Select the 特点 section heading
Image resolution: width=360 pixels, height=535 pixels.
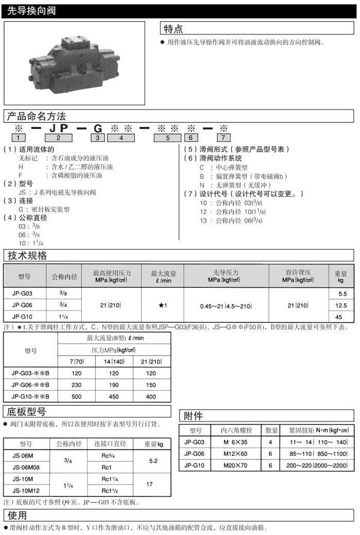point(173,29)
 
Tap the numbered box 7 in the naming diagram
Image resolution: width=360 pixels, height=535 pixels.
point(223,137)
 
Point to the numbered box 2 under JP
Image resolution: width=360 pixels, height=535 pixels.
point(58,137)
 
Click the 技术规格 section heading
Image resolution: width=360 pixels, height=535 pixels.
point(27,255)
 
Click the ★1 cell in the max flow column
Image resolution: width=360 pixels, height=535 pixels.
point(163,305)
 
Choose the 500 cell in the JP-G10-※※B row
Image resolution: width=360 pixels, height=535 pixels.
point(77,396)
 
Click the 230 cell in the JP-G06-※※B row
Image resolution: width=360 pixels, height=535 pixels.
point(77,385)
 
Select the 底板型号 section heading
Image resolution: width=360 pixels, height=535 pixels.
point(27,412)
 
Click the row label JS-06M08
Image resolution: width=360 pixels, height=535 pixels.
point(26,467)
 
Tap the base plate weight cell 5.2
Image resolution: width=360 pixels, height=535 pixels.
point(153,462)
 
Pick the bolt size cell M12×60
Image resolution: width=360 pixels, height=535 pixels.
point(235,454)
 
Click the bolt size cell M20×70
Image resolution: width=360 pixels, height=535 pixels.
point(235,465)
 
